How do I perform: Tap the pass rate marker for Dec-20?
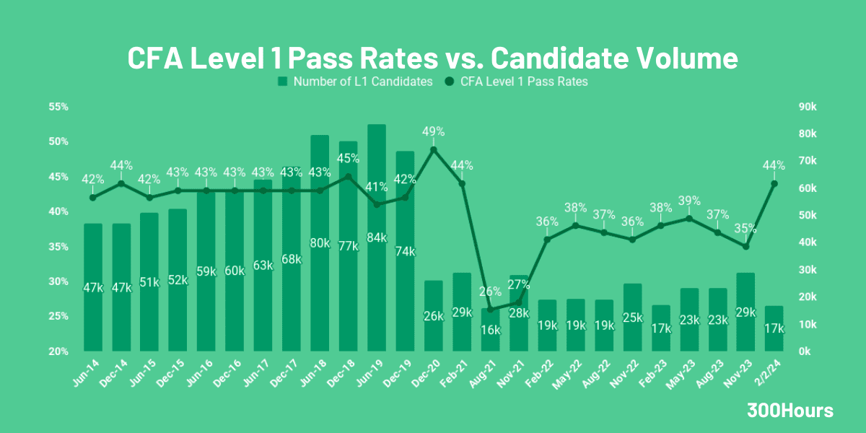pyautogui.click(x=433, y=149)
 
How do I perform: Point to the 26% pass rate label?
pyautogui.click(x=490, y=292)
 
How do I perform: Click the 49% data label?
pyautogui.click(x=433, y=131)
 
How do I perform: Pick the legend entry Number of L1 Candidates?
pyautogui.click(x=355, y=82)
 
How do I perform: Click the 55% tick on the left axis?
pyautogui.click(x=58, y=107)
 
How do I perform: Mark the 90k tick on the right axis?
pyautogui.click(x=807, y=107)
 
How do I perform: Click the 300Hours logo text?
pyautogui.click(x=790, y=411)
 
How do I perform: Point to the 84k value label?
pyautogui.click(x=377, y=237)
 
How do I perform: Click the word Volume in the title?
pyautogui.click(x=678, y=58)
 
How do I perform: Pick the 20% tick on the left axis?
pyautogui.click(x=58, y=351)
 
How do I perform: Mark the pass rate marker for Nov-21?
pyautogui.click(x=518, y=302)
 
